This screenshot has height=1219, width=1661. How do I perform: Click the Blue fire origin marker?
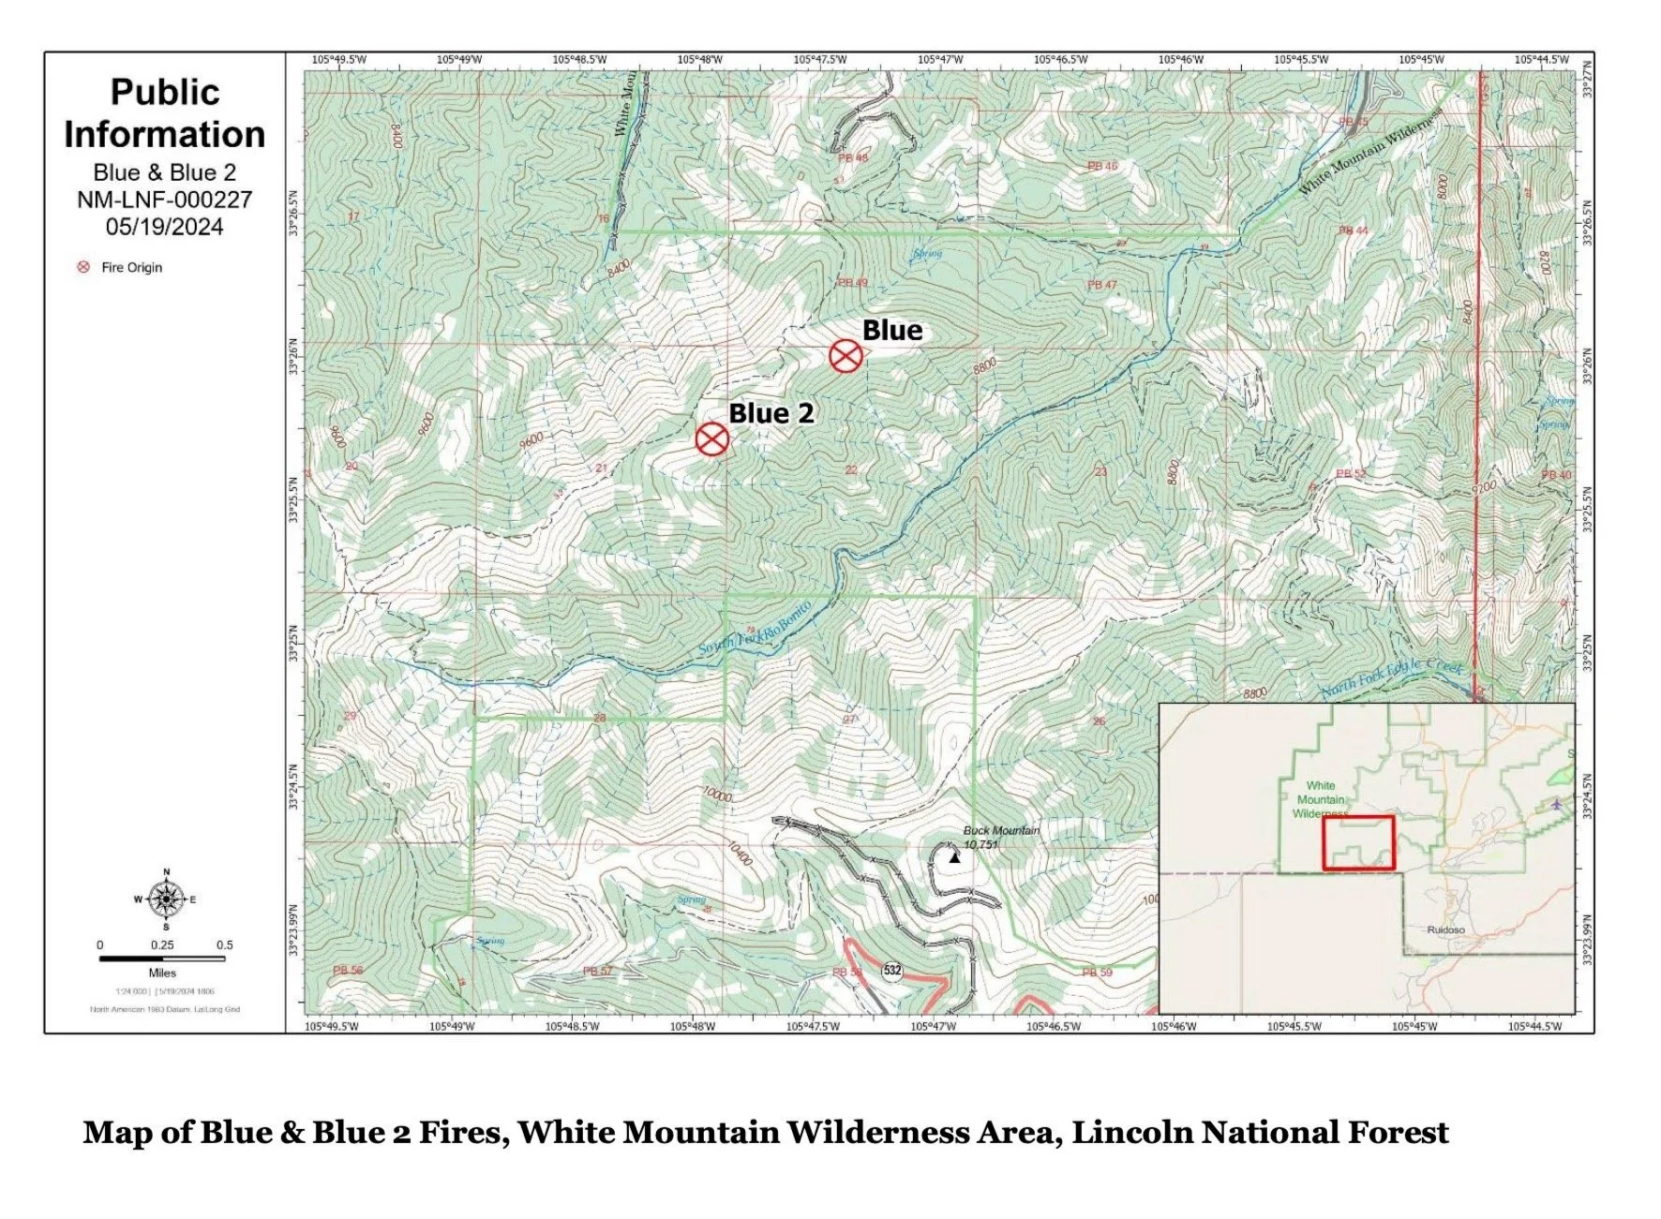[x=845, y=356]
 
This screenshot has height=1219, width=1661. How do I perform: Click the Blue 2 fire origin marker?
[x=712, y=439]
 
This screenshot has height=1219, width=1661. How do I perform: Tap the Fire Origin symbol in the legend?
[x=83, y=267]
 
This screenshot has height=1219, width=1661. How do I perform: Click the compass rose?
[x=166, y=899]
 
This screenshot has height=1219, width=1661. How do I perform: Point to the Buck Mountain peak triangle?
[x=954, y=856]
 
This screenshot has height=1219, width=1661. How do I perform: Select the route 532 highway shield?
[x=891, y=970]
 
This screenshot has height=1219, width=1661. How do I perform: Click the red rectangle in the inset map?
[x=1358, y=842]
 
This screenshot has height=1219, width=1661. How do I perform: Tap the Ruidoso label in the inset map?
[x=1444, y=930]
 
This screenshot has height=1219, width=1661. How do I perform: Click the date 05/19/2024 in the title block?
[x=164, y=227]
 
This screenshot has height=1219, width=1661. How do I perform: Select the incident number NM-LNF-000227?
[x=164, y=200]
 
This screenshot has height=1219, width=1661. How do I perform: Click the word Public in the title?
[x=165, y=92]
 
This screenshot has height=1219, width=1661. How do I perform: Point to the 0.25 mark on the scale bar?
[x=162, y=945]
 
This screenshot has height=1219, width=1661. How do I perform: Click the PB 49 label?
[x=852, y=283]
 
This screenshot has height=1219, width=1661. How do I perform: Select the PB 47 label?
[x=1101, y=285]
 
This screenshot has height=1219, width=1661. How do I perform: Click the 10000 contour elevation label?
[x=716, y=795]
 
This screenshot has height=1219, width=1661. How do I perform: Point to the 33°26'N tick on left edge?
[x=294, y=356]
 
